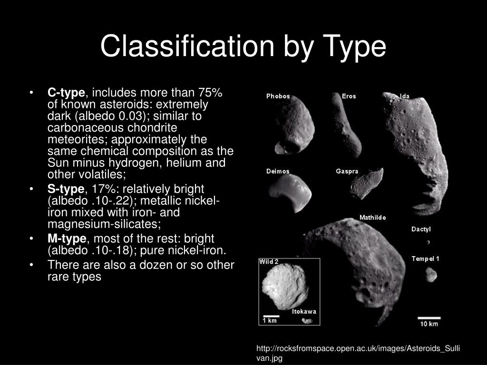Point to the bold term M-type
[67, 239]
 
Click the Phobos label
[278, 96]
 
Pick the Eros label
[349, 96]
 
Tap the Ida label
[405, 96]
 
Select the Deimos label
[278, 172]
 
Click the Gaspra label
[347, 172]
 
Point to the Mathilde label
[372, 218]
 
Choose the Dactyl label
[421, 230]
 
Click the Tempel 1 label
[425, 259]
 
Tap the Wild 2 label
[268, 262]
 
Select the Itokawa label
[304, 312]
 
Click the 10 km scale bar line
[429, 318]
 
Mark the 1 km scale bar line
[271, 316]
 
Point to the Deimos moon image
[289, 192]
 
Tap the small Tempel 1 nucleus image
[431, 274]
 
